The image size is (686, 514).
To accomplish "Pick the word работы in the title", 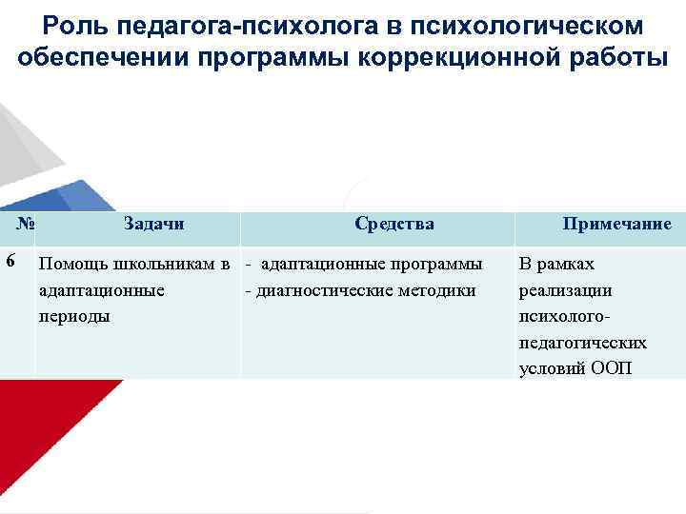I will click(601, 56).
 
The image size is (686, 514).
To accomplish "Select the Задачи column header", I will click(153, 224).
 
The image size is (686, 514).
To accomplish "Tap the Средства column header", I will click(393, 224).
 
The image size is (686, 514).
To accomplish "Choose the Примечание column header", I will click(616, 225).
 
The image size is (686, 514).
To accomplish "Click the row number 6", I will click(10, 260).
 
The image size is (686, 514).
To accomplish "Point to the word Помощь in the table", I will click(72, 264).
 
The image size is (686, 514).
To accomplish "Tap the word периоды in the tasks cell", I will click(74, 315).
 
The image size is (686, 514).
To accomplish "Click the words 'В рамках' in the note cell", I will click(555, 264).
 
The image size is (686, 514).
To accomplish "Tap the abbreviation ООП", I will click(610, 368).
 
